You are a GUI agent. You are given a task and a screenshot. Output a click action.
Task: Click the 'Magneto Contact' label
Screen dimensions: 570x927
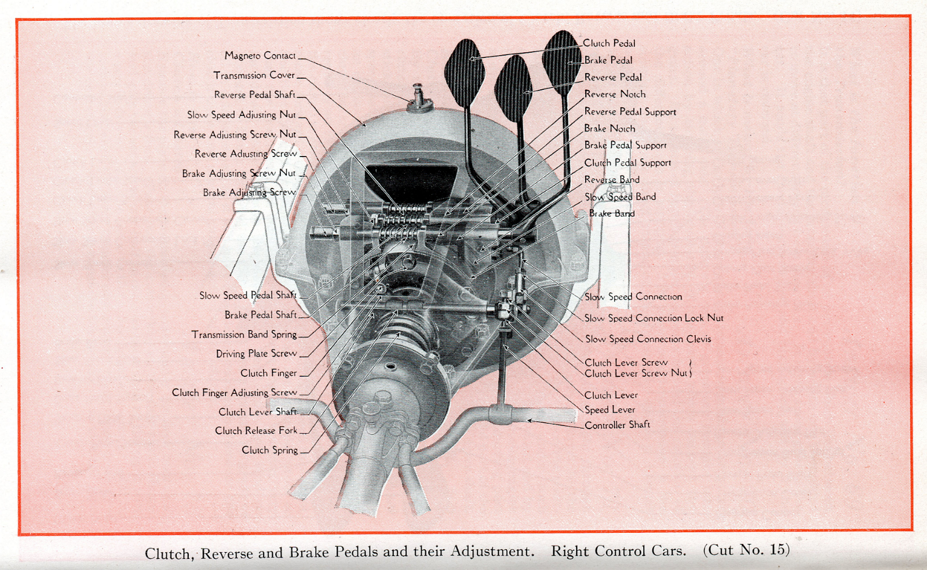coord(260,56)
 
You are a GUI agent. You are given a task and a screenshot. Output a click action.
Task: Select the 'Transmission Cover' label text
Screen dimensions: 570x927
coord(254,75)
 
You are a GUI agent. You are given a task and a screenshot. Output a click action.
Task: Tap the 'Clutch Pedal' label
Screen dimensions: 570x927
coord(609,43)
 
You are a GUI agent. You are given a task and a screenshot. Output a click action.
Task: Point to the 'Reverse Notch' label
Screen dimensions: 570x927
coord(615,94)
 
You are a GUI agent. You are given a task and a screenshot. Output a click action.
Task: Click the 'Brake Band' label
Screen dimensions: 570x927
coord(612,213)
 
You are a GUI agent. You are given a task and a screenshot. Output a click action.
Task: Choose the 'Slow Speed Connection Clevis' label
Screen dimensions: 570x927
coord(648,339)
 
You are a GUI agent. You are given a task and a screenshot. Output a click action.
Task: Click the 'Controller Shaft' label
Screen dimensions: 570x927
coord(617,425)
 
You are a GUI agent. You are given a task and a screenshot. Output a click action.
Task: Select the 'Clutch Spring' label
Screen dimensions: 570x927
coord(269,450)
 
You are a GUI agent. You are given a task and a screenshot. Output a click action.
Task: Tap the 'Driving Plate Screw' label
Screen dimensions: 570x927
coord(256,354)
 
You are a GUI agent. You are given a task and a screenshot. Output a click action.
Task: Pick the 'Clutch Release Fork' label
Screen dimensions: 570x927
coord(256,431)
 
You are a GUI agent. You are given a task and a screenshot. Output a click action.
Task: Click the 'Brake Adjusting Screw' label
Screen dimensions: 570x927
coord(249,193)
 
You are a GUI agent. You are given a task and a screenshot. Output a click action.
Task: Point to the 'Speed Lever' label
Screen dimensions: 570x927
coord(610,410)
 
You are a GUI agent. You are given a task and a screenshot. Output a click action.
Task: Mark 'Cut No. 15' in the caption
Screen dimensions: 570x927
coord(746,550)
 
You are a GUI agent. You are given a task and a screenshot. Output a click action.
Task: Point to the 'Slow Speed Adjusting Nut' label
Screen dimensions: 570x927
coord(241,115)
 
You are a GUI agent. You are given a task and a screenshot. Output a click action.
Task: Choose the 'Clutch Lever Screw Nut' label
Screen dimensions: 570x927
coord(636,373)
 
